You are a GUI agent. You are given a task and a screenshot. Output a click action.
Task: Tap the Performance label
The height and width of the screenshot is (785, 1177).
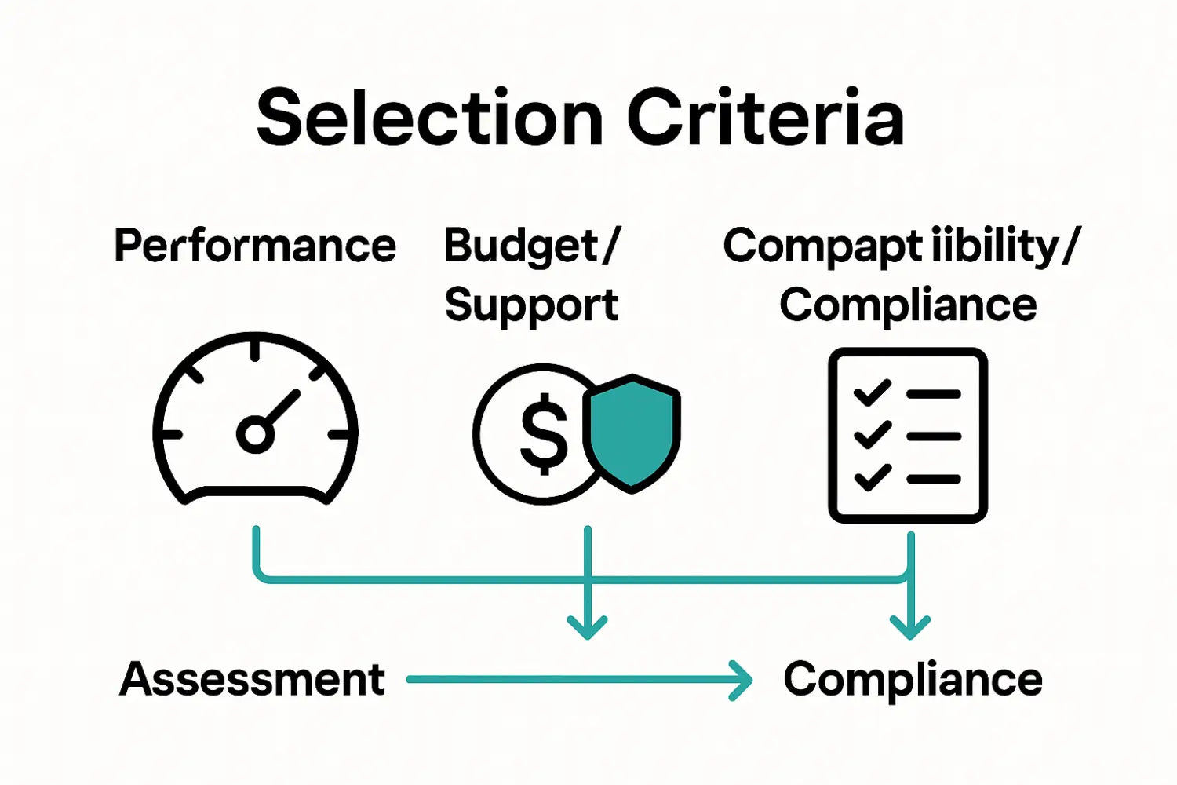click(255, 246)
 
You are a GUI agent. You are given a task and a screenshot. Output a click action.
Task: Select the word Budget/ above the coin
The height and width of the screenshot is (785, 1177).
click(532, 246)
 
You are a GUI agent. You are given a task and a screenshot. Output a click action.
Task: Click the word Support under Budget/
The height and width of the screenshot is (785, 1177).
click(531, 305)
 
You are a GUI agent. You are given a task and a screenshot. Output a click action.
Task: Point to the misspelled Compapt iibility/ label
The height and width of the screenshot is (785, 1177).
click(901, 246)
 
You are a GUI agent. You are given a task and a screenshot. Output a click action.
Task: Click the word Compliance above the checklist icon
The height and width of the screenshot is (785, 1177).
click(908, 305)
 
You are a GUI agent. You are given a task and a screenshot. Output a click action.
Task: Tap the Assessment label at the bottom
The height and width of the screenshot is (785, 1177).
click(253, 679)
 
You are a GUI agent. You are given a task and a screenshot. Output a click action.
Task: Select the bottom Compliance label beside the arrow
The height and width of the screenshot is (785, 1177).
click(913, 679)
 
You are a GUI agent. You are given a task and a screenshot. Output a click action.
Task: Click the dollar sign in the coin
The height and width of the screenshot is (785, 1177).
click(544, 434)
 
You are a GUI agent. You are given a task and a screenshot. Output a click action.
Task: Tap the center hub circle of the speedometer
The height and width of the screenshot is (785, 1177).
click(255, 433)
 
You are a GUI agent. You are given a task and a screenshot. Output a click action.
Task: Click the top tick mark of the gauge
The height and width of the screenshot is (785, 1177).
click(255, 348)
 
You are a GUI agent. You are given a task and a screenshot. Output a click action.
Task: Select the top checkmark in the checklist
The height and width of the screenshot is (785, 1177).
click(872, 392)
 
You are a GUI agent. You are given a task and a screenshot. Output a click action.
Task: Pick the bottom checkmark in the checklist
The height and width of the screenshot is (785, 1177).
click(872, 476)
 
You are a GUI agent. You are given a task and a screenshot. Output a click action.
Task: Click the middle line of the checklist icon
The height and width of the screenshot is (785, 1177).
click(934, 436)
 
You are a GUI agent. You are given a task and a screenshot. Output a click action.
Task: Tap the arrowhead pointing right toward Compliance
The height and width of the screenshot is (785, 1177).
click(740, 680)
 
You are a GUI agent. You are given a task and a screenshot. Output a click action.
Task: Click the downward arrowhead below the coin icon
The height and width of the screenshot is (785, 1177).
click(587, 627)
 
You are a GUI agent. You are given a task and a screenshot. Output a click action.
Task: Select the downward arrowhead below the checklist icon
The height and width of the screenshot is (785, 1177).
click(910, 627)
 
